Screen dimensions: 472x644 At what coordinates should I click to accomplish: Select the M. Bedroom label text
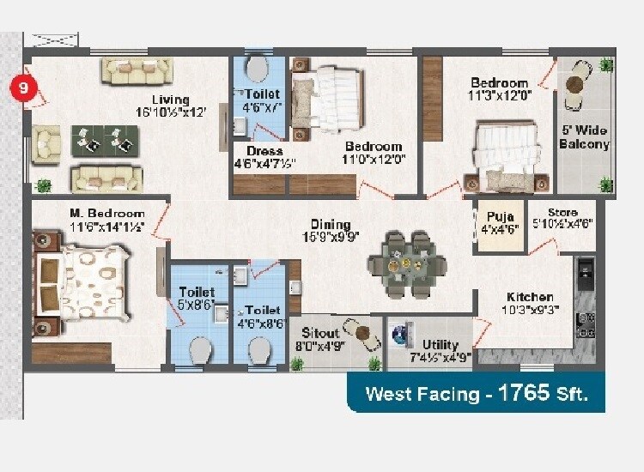[x=106, y=213]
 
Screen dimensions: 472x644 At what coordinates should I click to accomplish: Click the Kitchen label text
[x=529, y=297]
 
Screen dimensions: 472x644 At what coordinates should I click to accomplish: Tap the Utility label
[x=440, y=345]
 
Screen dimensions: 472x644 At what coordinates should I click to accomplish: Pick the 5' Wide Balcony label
[x=584, y=136]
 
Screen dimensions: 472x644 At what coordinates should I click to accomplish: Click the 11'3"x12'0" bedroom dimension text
[x=501, y=96]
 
